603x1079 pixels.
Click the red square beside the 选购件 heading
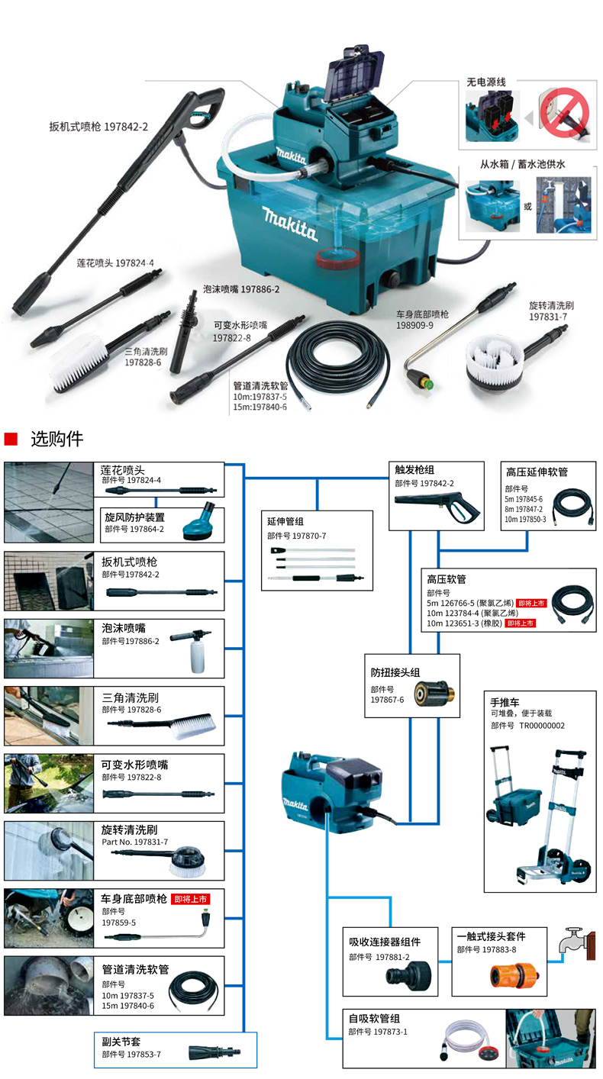11,440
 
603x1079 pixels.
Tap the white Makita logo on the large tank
289,221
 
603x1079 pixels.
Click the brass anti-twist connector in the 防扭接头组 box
431,694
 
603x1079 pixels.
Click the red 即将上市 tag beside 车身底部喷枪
190,899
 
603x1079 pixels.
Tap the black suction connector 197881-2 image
408,974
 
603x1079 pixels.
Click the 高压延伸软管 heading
537,472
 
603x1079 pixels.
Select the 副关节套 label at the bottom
121,1040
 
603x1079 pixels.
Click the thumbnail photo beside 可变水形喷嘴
49,784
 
